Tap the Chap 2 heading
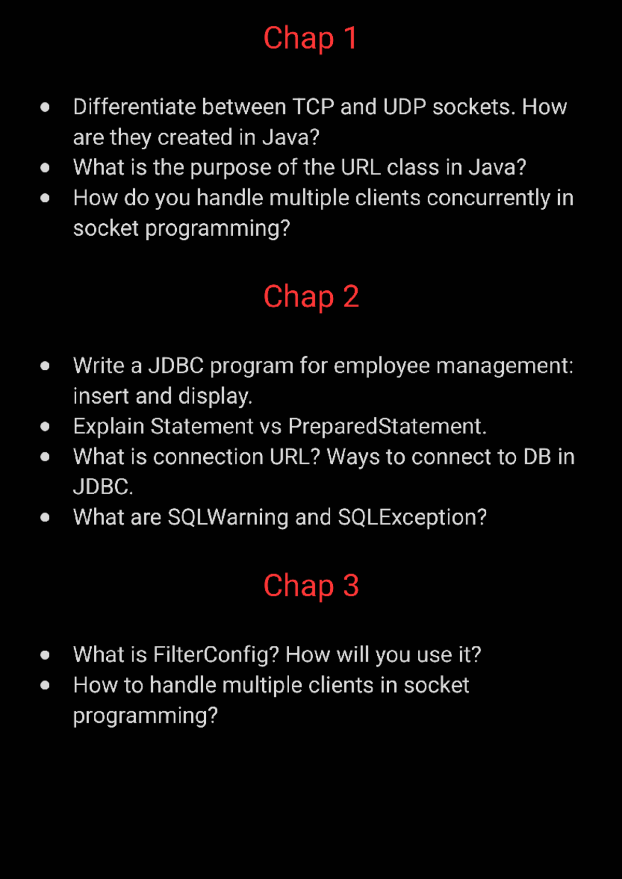point(310,297)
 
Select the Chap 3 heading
point(310,586)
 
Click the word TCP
point(313,107)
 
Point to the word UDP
point(404,107)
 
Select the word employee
point(381,366)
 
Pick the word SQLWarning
point(228,517)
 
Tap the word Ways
point(352,457)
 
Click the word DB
point(537,457)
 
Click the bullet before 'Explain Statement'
point(45,427)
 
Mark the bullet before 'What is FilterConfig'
point(45,655)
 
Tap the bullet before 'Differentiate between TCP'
point(45,107)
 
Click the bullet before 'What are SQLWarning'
point(45,517)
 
